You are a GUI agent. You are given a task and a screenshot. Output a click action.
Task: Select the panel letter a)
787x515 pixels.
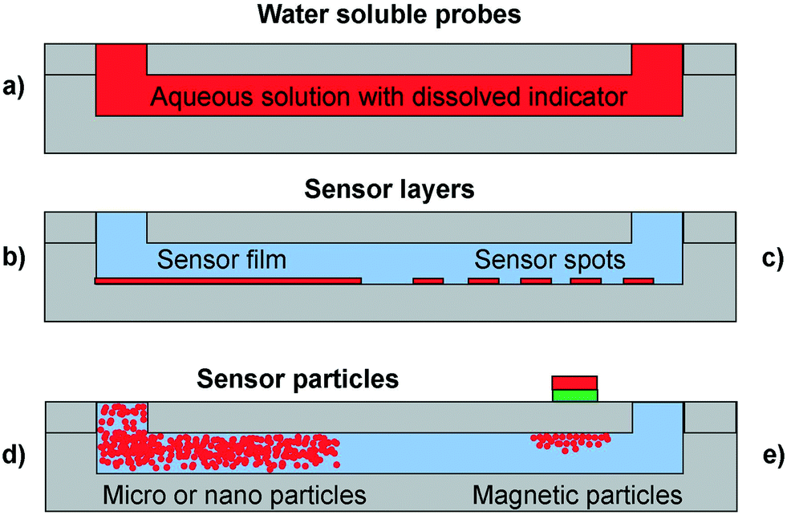(x=14, y=86)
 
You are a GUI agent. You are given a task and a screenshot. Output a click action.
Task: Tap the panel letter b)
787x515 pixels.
(x=14, y=258)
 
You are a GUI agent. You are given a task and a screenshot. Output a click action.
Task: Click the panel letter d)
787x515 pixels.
(x=14, y=456)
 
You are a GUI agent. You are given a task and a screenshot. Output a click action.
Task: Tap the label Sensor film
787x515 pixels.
(x=222, y=259)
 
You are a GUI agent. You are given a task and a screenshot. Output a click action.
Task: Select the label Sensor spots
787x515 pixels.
(x=550, y=259)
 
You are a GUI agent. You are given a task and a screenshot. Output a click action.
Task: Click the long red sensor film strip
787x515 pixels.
(x=228, y=281)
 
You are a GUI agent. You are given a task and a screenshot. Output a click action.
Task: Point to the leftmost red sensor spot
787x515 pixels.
(x=428, y=281)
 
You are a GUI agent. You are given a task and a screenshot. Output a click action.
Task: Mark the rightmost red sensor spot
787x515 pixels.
(x=638, y=281)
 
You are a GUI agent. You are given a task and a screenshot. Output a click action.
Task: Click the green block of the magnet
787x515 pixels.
(x=574, y=395)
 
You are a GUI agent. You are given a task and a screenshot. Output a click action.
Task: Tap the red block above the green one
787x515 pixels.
(x=574, y=383)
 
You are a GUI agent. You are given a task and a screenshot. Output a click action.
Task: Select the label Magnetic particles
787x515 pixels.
(x=578, y=493)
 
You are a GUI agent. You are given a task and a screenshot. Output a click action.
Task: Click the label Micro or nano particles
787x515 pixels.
(x=234, y=493)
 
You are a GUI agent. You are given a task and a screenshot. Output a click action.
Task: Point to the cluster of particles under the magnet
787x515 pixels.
(x=571, y=440)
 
